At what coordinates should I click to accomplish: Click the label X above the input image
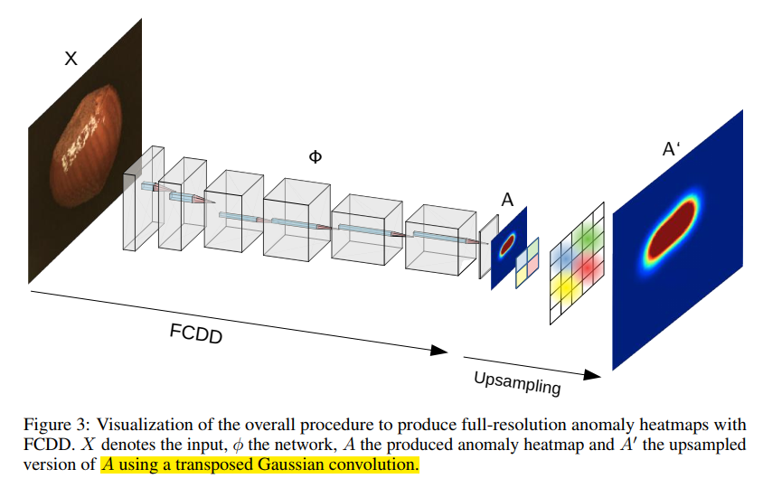(x=71, y=59)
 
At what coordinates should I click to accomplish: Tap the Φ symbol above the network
(x=315, y=156)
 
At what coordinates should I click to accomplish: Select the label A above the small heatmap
(x=507, y=201)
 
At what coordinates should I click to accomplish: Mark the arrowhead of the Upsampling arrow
(x=593, y=373)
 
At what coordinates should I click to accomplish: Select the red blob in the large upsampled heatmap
(x=672, y=230)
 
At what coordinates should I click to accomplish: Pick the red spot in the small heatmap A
(x=507, y=243)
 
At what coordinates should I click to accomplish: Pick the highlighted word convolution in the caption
(x=382, y=465)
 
